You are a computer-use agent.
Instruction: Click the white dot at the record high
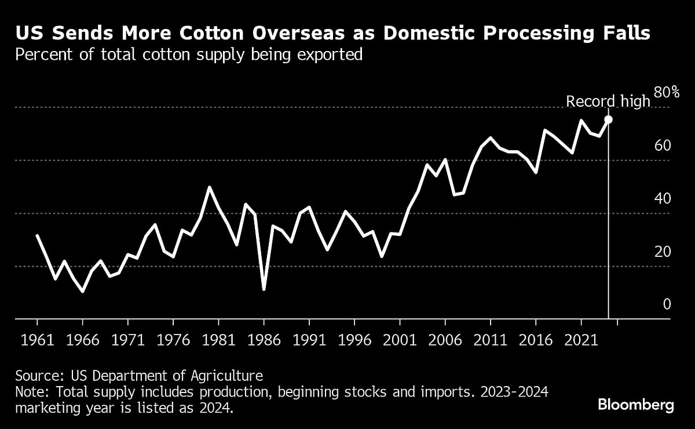608,119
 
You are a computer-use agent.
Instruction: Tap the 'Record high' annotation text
608,101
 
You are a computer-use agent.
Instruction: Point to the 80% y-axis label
665,92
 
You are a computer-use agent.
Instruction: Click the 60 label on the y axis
663,145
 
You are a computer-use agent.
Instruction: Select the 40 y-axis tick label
663,198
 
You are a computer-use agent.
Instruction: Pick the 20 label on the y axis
663,252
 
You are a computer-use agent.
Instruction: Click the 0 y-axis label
666,304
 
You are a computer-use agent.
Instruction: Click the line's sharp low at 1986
264,289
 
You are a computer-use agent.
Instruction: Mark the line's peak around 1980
210,187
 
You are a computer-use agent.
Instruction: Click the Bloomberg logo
636,405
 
